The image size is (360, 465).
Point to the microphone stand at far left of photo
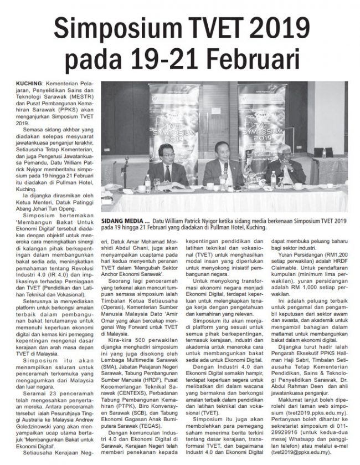(109, 177)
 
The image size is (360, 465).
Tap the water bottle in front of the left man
(147, 181)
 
